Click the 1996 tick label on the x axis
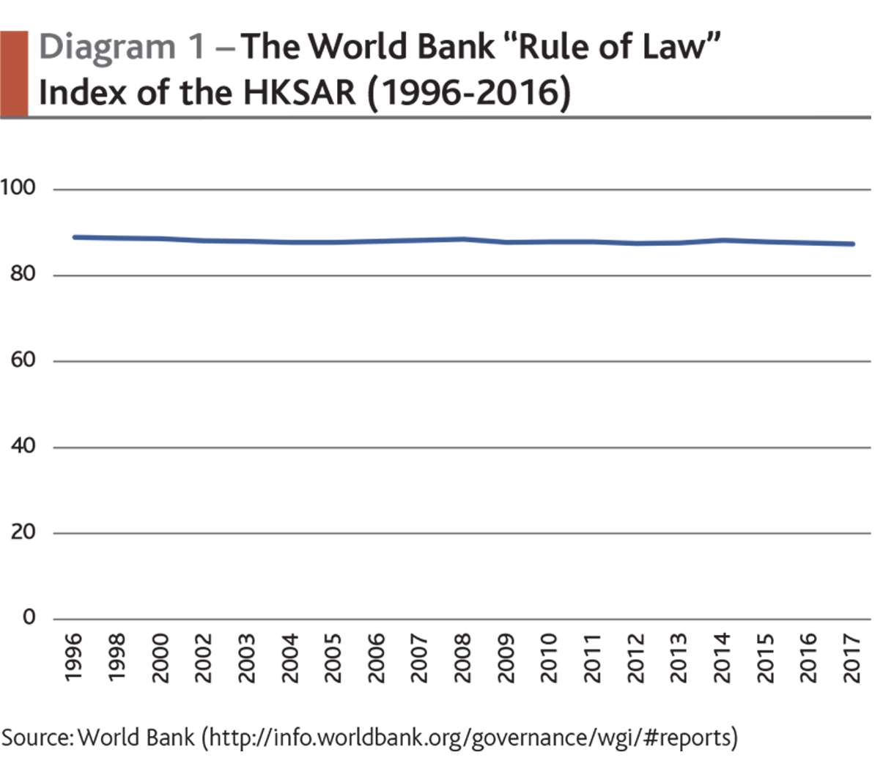pyautogui.click(x=73, y=658)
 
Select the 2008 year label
pyautogui.click(x=462, y=658)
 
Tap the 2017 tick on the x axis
pyautogui.click(x=851, y=658)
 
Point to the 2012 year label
pyautogui.click(x=635, y=658)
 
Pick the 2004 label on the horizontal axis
pyautogui.click(x=289, y=658)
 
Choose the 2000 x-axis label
pyautogui.click(x=160, y=658)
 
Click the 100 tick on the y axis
pyautogui.click(x=18, y=188)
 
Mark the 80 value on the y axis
pyautogui.click(x=23, y=275)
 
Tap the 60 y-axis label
pyautogui.click(x=23, y=360)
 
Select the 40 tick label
pyautogui.click(x=23, y=446)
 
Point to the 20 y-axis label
pyautogui.click(x=23, y=532)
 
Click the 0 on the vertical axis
pyautogui.click(x=29, y=618)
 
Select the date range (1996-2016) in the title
pyautogui.click(x=469, y=94)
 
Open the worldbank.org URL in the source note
pyautogui.click(x=469, y=737)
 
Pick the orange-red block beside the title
pyautogui.click(x=14, y=73)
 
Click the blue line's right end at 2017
pyautogui.click(x=852, y=244)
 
